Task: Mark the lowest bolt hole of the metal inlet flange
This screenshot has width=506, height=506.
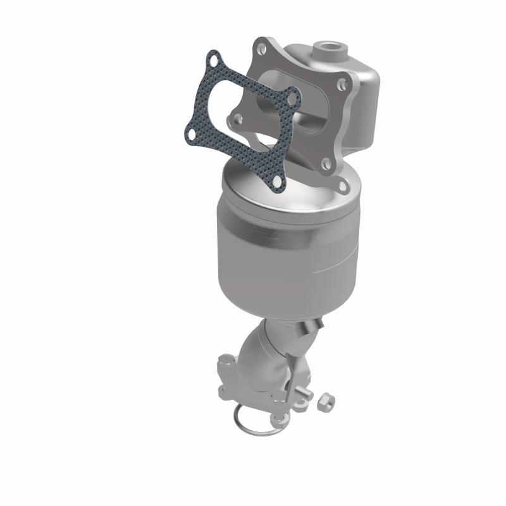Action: [343, 187]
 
